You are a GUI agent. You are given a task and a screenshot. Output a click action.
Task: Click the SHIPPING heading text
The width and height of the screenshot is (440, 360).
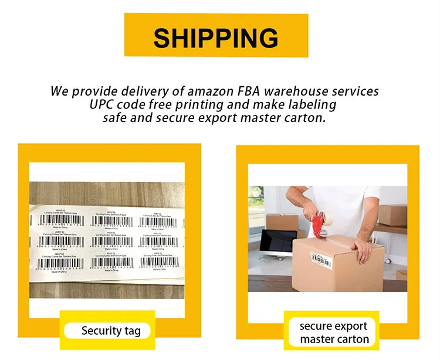(216, 38)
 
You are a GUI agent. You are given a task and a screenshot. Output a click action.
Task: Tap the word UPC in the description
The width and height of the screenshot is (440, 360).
(104, 105)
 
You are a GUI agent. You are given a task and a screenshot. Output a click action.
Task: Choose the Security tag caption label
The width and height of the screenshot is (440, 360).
(111, 331)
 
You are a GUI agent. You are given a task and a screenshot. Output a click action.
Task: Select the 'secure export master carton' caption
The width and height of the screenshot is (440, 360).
(334, 332)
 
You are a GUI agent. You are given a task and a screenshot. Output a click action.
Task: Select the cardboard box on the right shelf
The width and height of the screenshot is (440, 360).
(392, 214)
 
